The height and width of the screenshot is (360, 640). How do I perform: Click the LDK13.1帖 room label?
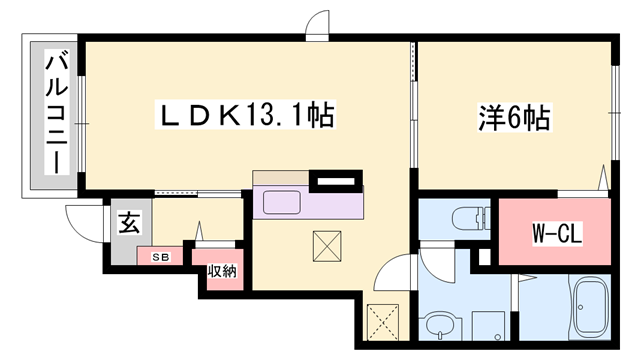[245, 115]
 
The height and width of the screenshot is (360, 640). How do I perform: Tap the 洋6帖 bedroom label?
[514, 118]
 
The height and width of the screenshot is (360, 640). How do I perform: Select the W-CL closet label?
[557, 233]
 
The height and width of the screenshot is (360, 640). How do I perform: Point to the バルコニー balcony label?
[57, 112]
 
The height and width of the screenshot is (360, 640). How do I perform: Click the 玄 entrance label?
[130, 222]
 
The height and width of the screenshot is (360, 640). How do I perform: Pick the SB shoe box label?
[161, 257]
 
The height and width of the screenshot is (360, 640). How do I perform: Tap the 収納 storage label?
[222, 271]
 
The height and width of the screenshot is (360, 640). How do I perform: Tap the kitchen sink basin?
[282, 202]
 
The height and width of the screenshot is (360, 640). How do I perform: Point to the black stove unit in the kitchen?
[336, 181]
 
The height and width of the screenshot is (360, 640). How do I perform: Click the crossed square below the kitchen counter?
[327, 246]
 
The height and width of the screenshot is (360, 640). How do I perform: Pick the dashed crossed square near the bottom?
[383, 322]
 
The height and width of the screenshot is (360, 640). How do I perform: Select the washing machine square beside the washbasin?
[488, 326]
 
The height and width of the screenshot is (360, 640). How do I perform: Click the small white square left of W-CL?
[484, 257]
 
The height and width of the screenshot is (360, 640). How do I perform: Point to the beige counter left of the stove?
[281, 178]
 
